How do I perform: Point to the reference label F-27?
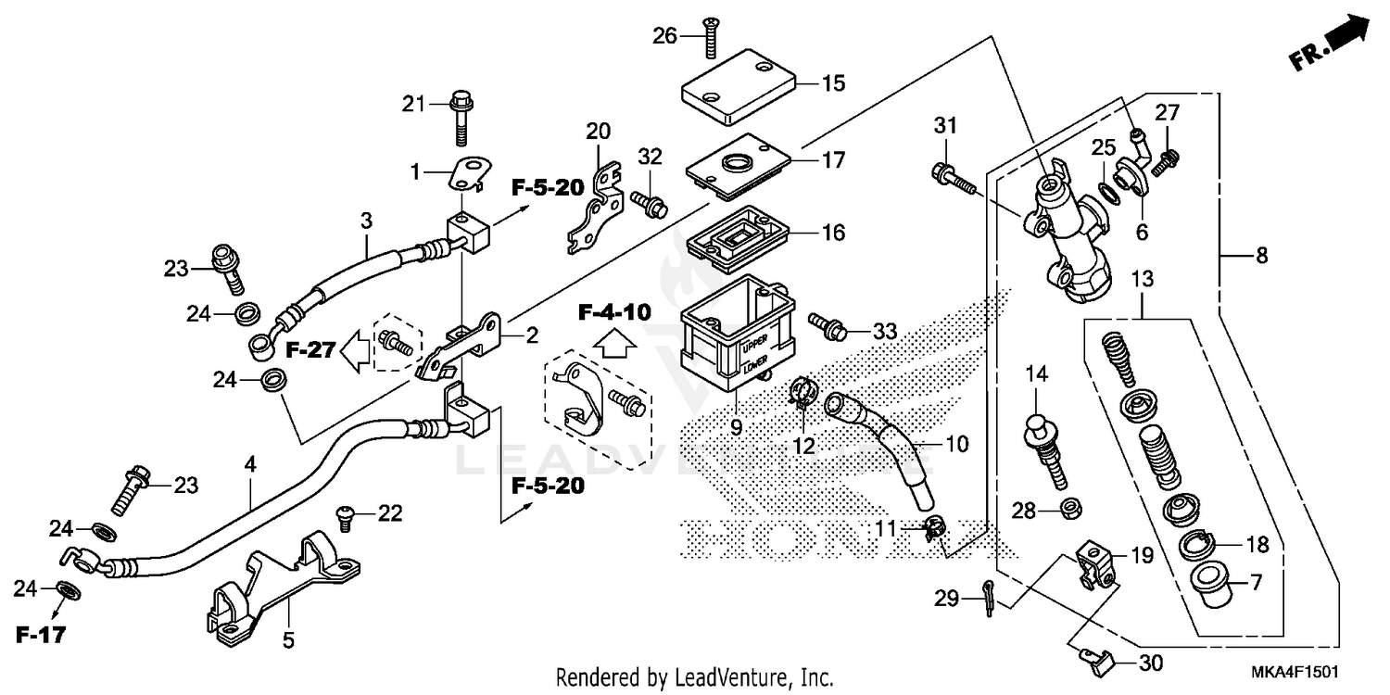309,350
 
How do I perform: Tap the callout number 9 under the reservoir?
735,428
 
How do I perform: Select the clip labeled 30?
1094,659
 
